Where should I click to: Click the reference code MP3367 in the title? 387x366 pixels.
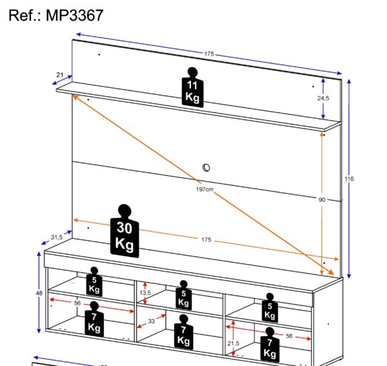click(x=75, y=15)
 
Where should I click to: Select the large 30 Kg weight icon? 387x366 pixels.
click(x=124, y=234)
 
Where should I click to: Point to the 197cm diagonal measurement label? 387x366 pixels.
click(x=205, y=189)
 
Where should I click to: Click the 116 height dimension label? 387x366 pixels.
click(x=350, y=178)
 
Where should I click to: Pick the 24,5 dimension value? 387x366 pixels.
click(x=323, y=98)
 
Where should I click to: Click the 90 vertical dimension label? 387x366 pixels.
click(x=322, y=199)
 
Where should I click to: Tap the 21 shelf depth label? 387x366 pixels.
click(x=59, y=76)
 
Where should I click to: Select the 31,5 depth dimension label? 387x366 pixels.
click(x=57, y=238)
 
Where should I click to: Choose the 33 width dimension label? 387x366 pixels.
click(x=151, y=320)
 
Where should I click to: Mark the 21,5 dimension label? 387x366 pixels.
click(x=233, y=343)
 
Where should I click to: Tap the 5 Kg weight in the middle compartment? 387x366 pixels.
click(x=183, y=295)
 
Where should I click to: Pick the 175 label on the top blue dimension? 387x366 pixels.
click(x=209, y=54)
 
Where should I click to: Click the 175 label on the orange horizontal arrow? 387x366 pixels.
click(x=206, y=239)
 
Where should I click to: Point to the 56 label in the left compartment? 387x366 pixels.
click(x=77, y=303)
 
